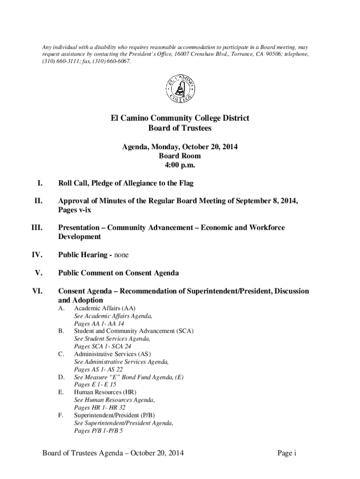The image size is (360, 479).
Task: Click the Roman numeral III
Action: pyautogui.click(x=36, y=228)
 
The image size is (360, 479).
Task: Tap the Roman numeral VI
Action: pyautogui.click(x=37, y=291)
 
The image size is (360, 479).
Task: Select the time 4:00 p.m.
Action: pyautogui.click(x=180, y=165)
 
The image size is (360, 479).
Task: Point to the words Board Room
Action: pyautogui.click(x=180, y=156)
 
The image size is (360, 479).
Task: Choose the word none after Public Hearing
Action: pyautogui.click(x=120, y=255)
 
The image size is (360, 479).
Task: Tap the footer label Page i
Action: pyautogui.click(x=287, y=453)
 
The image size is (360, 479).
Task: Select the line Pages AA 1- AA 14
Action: pyautogui.click(x=99, y=324)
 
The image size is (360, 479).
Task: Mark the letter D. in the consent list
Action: pyautogui.click(x=61, y=377)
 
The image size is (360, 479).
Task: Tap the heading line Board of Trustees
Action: pyautogui.click(x=180, y=128)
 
